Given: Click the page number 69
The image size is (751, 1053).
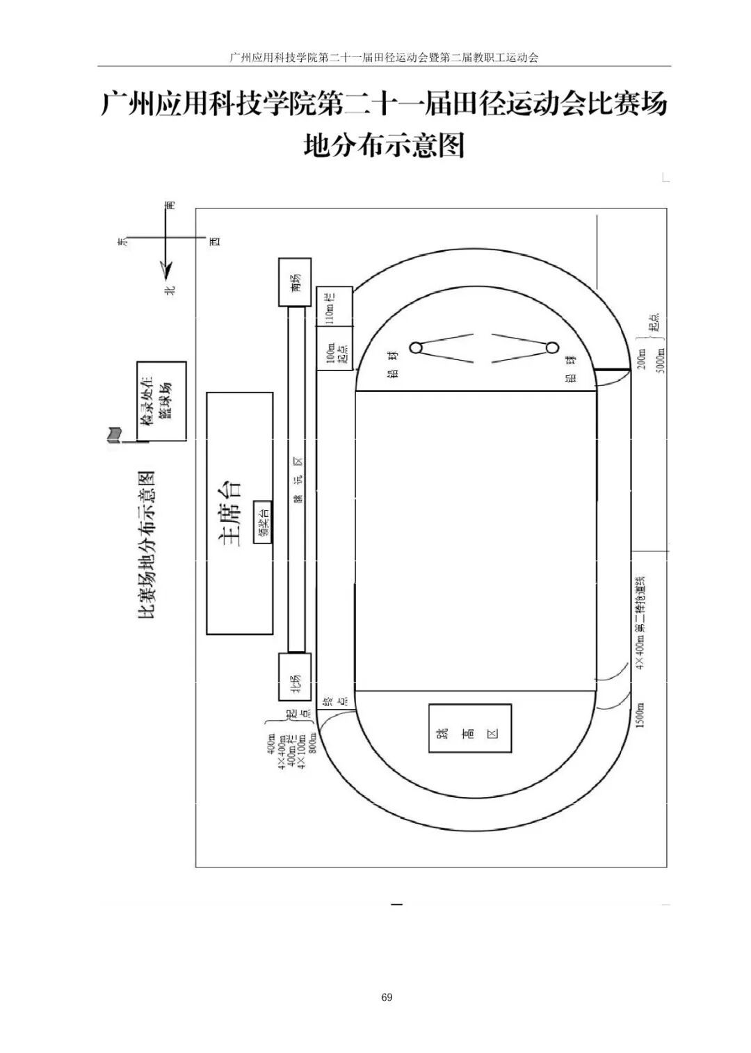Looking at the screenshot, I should coord(387,997).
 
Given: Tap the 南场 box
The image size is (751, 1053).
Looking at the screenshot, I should coord(295,282).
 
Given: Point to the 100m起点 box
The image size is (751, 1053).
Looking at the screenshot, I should coord(334,351).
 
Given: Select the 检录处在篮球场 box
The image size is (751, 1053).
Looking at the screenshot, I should coord(161,401).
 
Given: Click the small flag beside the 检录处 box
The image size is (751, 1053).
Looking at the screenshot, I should coord(112,435).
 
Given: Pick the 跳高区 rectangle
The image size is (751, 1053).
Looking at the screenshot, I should coord(470,728).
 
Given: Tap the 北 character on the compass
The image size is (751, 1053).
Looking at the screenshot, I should coord(170,290).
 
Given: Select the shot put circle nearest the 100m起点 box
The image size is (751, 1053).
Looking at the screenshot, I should coord(415,348).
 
